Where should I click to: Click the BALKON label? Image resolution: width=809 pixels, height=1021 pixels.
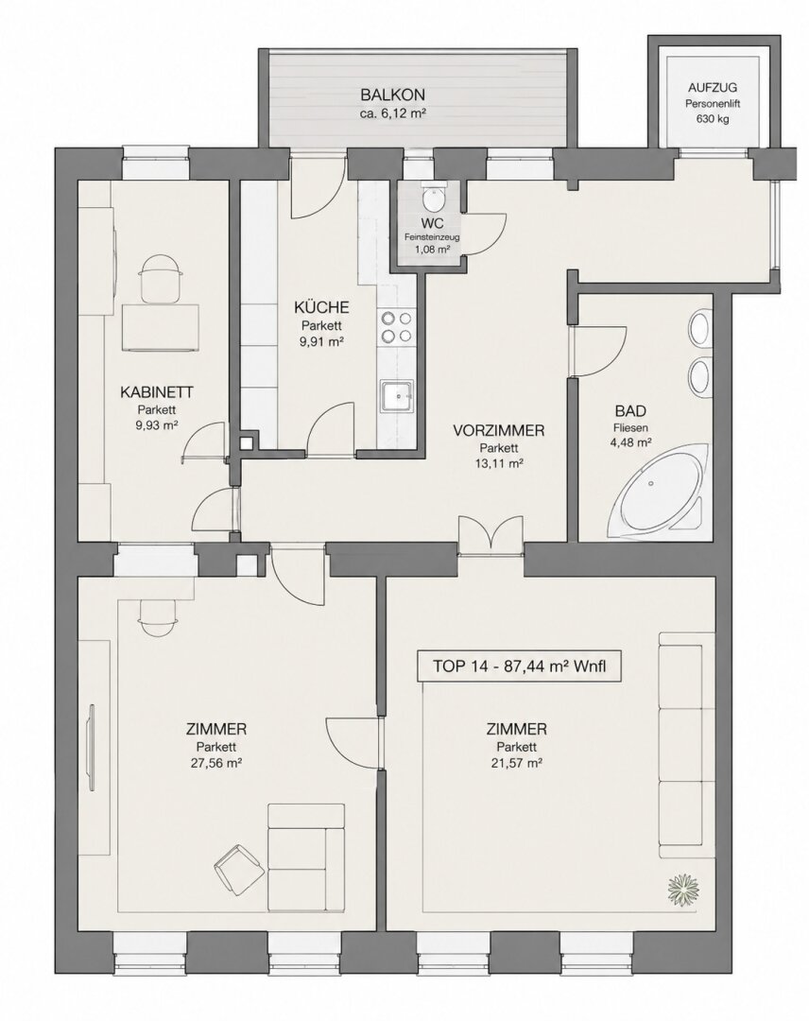coord(393,95)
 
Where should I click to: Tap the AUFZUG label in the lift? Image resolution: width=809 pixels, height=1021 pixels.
coord(713,88)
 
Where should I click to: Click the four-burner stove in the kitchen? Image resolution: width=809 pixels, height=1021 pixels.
coord(397,327)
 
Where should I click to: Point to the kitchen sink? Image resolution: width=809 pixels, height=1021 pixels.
coord(397,396)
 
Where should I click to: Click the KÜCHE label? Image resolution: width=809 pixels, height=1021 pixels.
coord(321,307)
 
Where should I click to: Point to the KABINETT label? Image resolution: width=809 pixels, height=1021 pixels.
coord(156,392)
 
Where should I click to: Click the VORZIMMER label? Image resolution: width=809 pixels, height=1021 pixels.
coord(499,430)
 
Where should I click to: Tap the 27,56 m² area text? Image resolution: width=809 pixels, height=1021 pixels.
coord(216,763)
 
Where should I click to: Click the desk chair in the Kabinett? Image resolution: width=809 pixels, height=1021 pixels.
coord(160,279)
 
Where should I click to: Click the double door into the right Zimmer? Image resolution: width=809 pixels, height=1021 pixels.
coord(491,535)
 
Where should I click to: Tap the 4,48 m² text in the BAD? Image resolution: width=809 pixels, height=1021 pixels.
coord(630,442)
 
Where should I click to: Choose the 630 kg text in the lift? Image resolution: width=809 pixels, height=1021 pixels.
coord(712,119)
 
